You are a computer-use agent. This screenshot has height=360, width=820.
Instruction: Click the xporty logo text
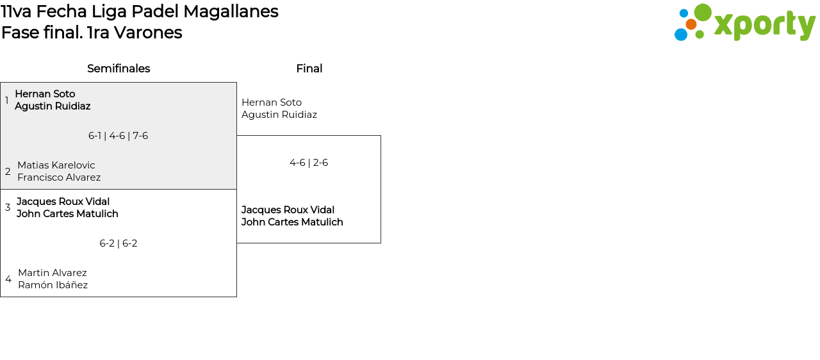pos(765,26)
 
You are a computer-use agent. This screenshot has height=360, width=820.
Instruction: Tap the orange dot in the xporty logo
pos(691,24)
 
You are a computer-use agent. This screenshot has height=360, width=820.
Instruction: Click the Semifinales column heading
pos(119,69)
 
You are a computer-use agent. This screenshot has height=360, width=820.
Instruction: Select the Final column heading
pos(309,69)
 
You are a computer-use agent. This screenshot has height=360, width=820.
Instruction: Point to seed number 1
pos(6,100)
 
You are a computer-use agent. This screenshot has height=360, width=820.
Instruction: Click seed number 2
pos(8,171)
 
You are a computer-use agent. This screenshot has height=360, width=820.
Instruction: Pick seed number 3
pos(8,208)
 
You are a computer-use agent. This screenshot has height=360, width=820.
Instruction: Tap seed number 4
pos(8,279)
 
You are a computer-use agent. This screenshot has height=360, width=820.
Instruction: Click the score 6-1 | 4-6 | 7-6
pos(119,136)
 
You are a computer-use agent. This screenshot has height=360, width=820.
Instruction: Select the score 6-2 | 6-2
pos(119,243)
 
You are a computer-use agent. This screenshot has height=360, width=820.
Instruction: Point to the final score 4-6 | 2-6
pos(309,163)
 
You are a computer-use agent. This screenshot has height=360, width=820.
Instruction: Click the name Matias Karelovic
pos(56,165)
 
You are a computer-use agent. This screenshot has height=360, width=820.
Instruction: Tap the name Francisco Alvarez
pos(59,177)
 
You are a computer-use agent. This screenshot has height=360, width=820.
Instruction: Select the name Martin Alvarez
pos(53,272)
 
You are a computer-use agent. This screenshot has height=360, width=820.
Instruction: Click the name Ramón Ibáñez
pos(53,284)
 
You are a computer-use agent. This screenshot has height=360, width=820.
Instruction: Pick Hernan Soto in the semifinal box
pos(45,94)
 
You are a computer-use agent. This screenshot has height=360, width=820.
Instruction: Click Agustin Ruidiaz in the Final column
pos(279,115)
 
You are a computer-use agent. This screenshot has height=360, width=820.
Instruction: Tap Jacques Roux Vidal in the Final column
pos(288,209)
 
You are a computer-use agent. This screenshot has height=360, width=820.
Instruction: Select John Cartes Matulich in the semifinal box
pos(67,214)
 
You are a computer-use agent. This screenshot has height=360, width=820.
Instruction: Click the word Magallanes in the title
pos(231,12)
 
